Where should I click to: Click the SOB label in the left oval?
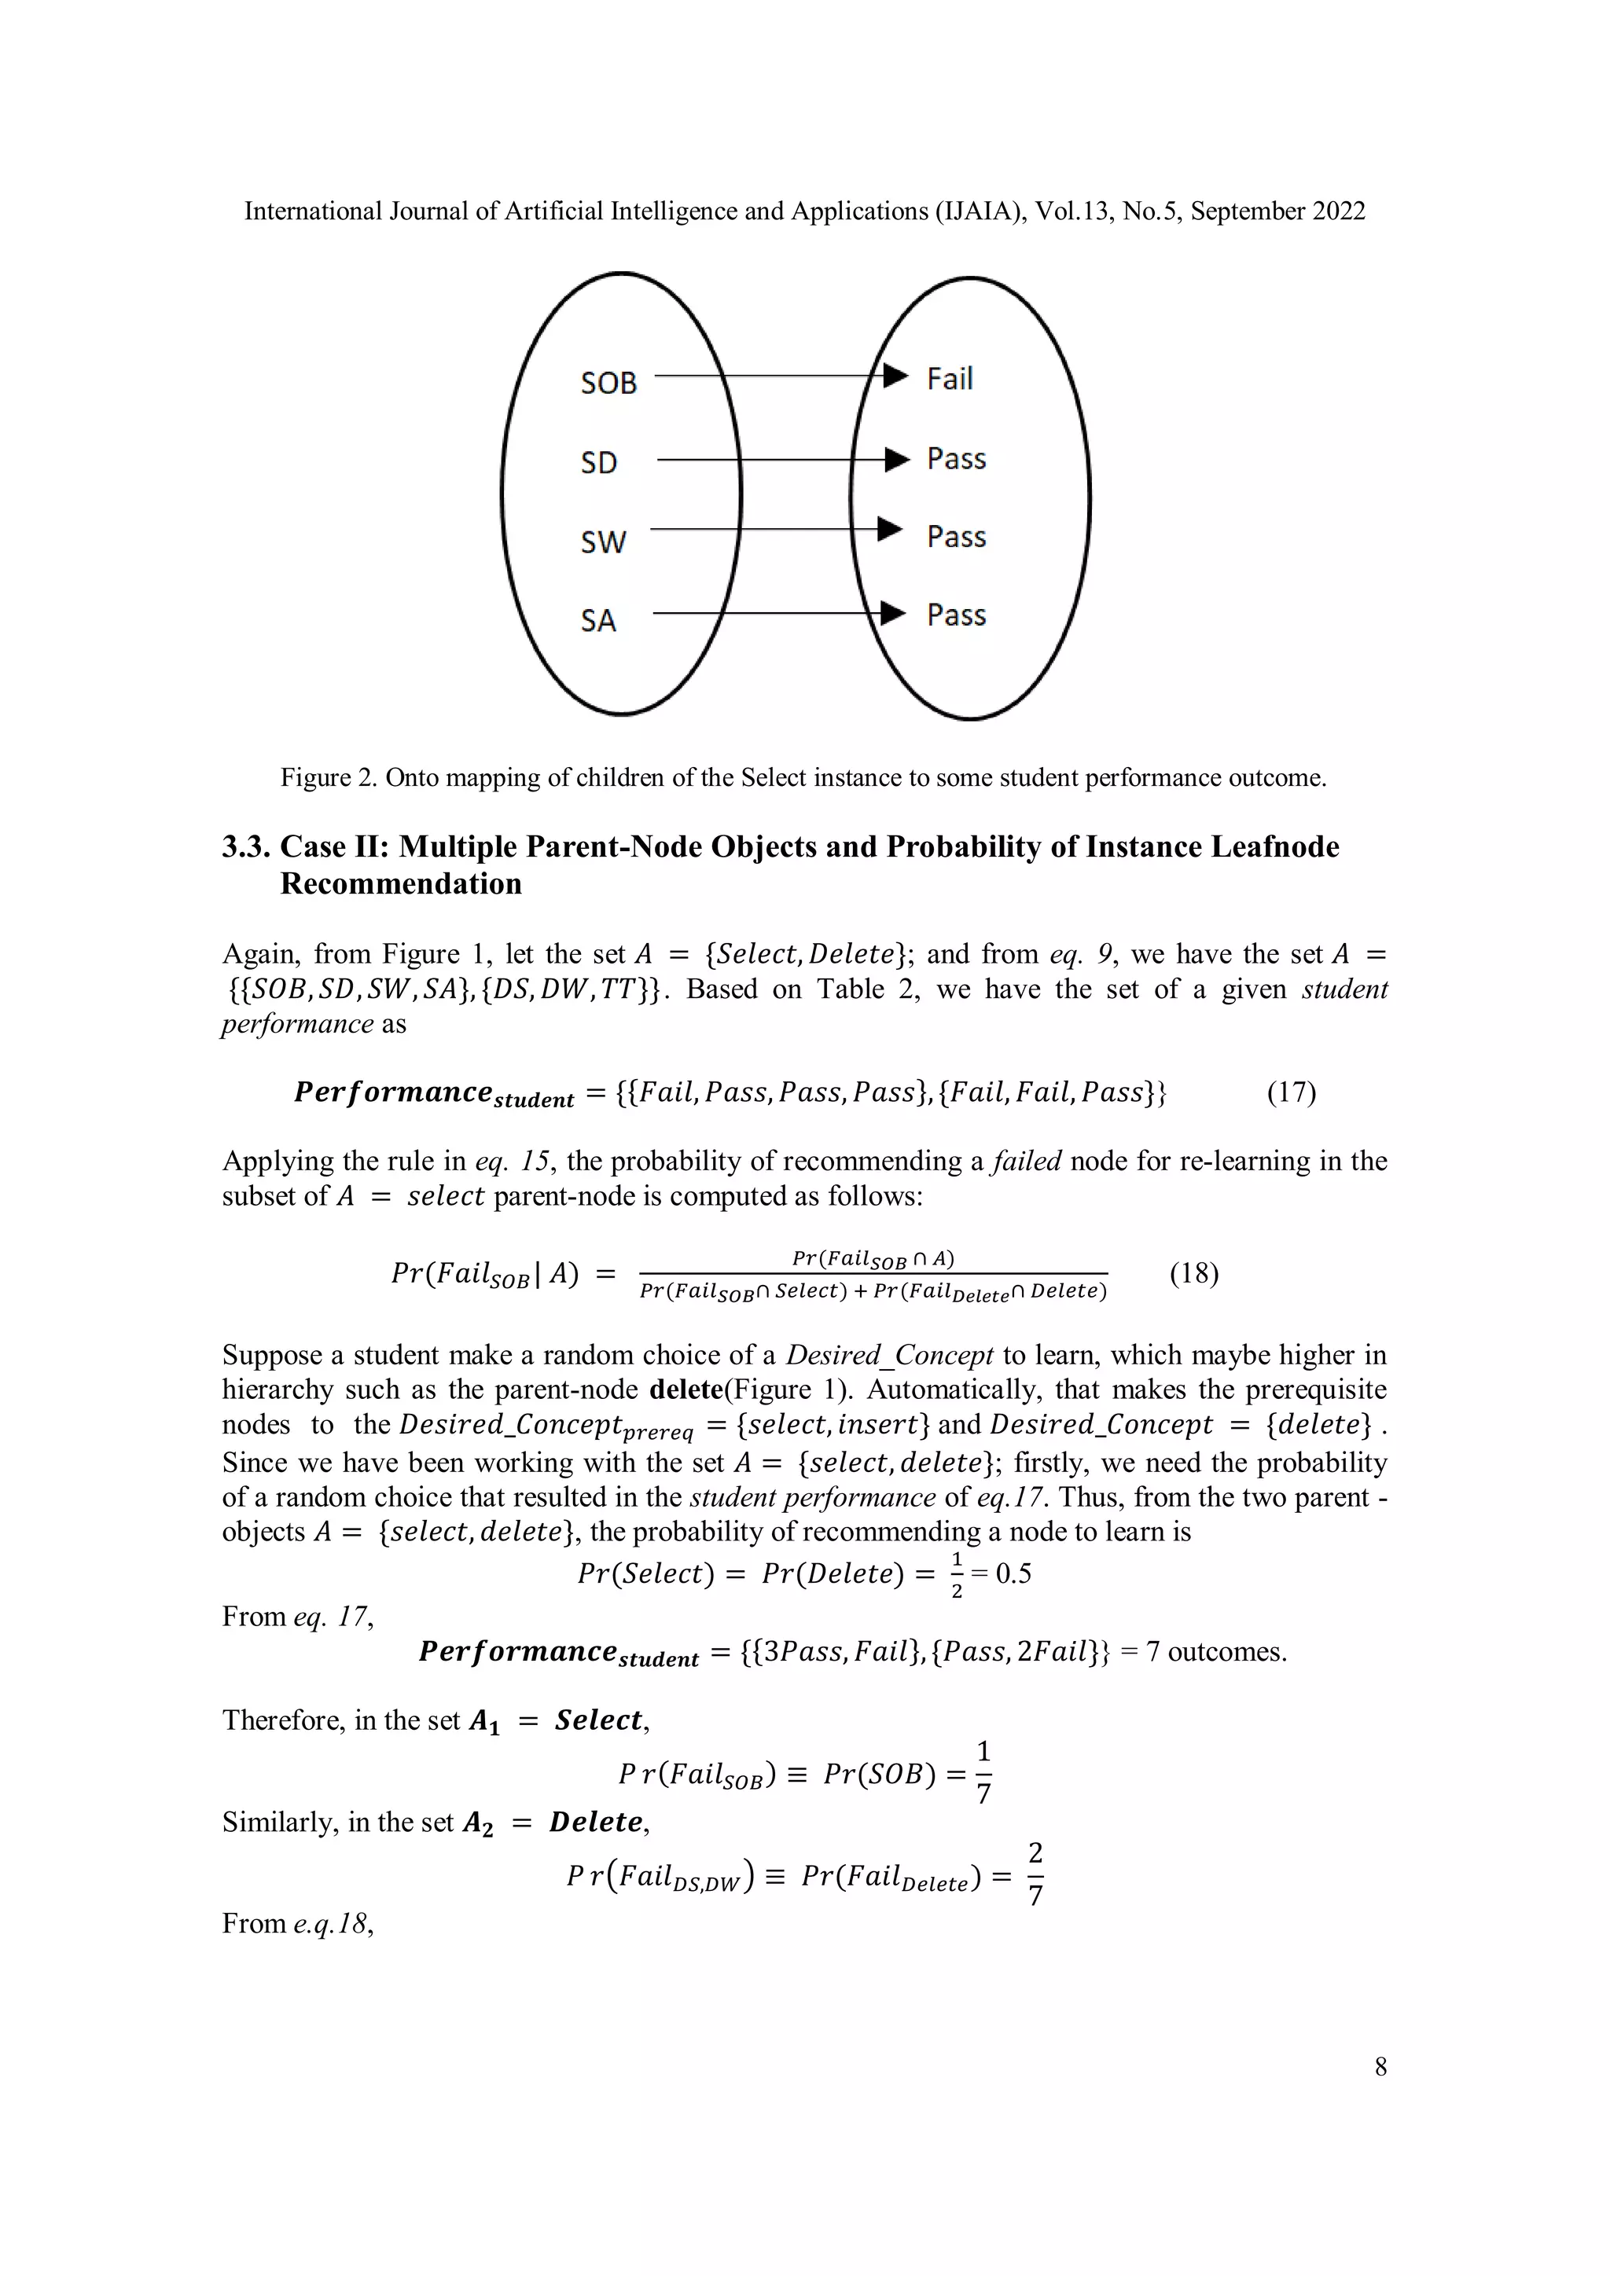click(608, 383)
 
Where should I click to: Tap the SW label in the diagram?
click(603, 541)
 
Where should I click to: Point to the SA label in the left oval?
click(597, 621)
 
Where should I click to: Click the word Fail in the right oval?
click(949, 379)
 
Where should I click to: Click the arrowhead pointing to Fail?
click(895, 376)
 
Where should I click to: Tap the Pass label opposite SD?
click(956, 459)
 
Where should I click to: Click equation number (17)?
click(1291, 1092)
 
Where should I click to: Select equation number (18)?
click(1193, 1273)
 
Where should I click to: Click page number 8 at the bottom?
click(1380, 2066)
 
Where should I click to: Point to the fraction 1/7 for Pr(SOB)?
click(983, 1772)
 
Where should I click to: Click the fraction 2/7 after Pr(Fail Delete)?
click(1035, 1874)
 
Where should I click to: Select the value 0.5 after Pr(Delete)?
click(1013, 1574)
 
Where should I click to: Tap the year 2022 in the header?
click(1338, 211)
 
